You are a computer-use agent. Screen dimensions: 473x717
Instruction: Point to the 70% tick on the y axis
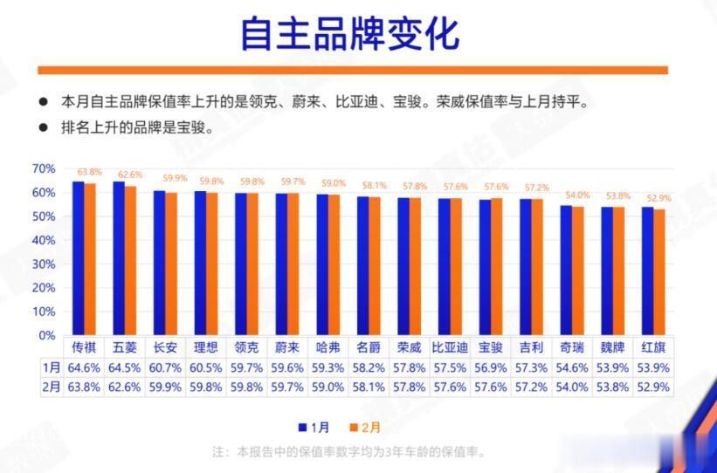pyautogui.click(x=44, y=168)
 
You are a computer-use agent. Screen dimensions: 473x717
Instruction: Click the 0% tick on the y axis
pyautogui.click(x=46, y=335)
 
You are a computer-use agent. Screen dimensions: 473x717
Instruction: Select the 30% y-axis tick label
pyautogui.click(x=44, y=264)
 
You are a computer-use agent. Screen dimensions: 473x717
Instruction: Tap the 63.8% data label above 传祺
pyautogui.click(x=89, y=172)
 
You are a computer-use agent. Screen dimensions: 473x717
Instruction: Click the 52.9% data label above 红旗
pyautogui.click(x=658, y=198)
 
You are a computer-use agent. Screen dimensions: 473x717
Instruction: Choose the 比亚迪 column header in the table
pyautogui.click(x=448, y=347)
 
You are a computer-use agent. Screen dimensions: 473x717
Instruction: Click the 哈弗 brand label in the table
pyautogui.click(x=327, y=347)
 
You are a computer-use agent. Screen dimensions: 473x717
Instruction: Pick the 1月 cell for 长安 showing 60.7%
pyautogui.click(x=166, y=367)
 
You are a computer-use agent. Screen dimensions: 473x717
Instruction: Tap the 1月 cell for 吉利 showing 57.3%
pyautogui.click(x=534, y=367)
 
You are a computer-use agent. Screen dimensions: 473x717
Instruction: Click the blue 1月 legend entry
pyautogui.click(x=314, y=427)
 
